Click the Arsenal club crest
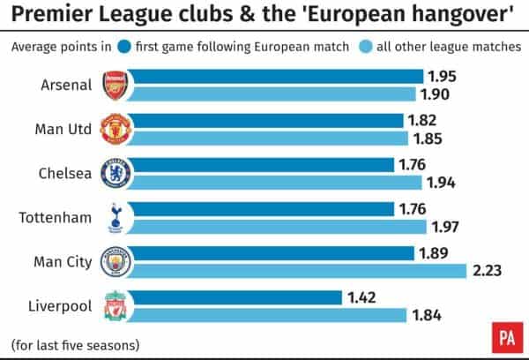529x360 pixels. pos(115,86)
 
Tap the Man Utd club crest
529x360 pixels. pos(115,129)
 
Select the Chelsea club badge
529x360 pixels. pos(115,173)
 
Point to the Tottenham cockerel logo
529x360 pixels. pos(115,217)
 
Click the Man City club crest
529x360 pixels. pos(115,261)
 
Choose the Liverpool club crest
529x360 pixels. pos(115,305)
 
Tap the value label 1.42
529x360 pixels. pos(364,297)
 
